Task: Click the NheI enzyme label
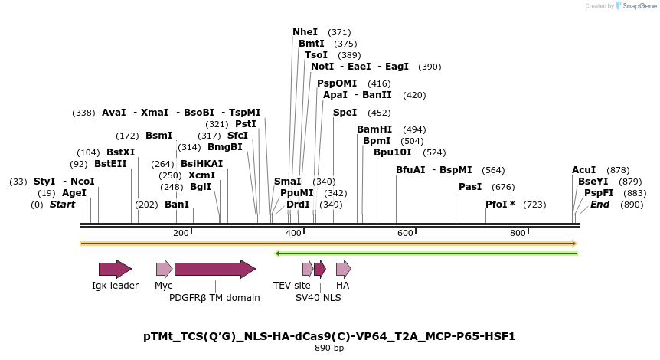tap(305, 32)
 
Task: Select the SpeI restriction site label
tap(345, 113)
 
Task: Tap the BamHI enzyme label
tap(374, 129)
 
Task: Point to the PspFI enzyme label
tap(599, 193)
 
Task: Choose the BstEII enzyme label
tap(110, 164)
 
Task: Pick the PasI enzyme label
tap(470, 187)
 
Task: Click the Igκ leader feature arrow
tap(115, 269)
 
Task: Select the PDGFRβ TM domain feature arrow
tap(214, 269)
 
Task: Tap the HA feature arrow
tap(343, 269)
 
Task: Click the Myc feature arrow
tap(164, 269)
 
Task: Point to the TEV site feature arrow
tap(307, 269)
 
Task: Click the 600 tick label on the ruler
tap(406, 233)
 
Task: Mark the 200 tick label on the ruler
tap(181, 233)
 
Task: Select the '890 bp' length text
tap(329, 349)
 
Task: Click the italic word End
tap(600, 205)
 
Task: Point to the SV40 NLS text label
tap(318, 297)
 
